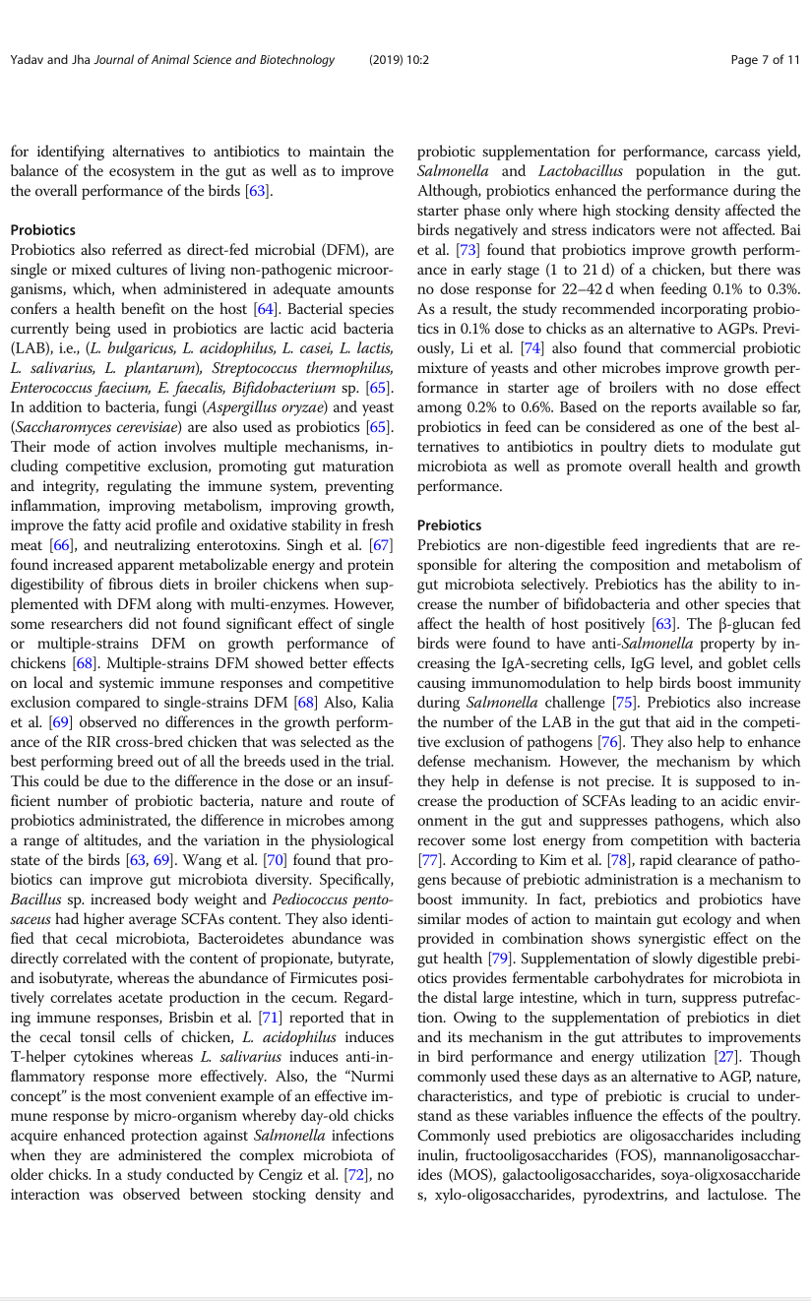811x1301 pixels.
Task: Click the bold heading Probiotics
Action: coord(43,229)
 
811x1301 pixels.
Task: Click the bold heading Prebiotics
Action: coord(450,526)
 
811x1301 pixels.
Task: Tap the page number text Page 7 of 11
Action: coord(766,60)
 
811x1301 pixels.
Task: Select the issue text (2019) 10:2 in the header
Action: coord(399,60)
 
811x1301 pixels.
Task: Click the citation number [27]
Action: coord(726,1056)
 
